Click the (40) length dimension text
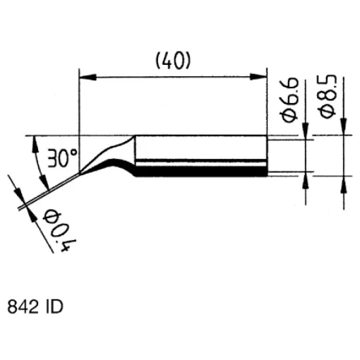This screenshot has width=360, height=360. (173, 61)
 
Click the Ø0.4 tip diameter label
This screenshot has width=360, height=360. (56, 229)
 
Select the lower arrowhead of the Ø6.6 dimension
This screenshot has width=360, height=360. (306, 180)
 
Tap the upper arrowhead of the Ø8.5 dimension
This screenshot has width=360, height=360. (343, 129)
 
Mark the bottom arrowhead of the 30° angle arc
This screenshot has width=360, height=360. (45, 184)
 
